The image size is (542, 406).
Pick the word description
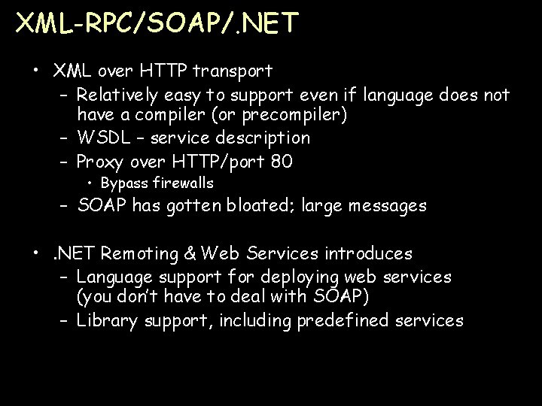(x=264, y=138)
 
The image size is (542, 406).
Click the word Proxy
(x=102, y=162)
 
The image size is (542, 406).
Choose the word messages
(x=385, y=205)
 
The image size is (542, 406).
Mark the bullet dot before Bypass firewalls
(x=90, y=183)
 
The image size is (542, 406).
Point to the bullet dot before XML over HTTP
(x=36, y=71)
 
